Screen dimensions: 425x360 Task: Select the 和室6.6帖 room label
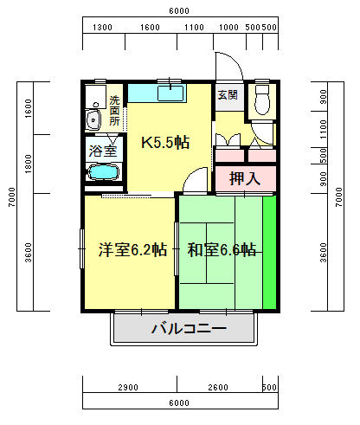pyautogui.click(x=222, y=250)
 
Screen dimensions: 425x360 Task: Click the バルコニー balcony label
pyautogui.click(x=189, y=329)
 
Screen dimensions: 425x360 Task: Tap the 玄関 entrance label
pyautogui.click(x=227, y=95)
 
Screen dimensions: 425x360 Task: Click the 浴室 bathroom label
pyautogui.click(x=105, y=151)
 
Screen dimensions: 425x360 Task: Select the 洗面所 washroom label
pyautogui.click(x=114, y=111)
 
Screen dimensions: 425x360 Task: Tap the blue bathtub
pyautogui.click(x=104, y=173)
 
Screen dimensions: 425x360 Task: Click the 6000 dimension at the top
pyautogui.click(x=179, y=11)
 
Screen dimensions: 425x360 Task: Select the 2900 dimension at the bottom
pyautogui.click(x=128, y=387)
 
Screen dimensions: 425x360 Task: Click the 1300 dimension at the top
pyautogui.click(x=102, y=28)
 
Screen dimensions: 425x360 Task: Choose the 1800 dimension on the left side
pyautogui.click(x=29, y=162)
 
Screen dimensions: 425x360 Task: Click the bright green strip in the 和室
pyautogui.click(x=270, y=253)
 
